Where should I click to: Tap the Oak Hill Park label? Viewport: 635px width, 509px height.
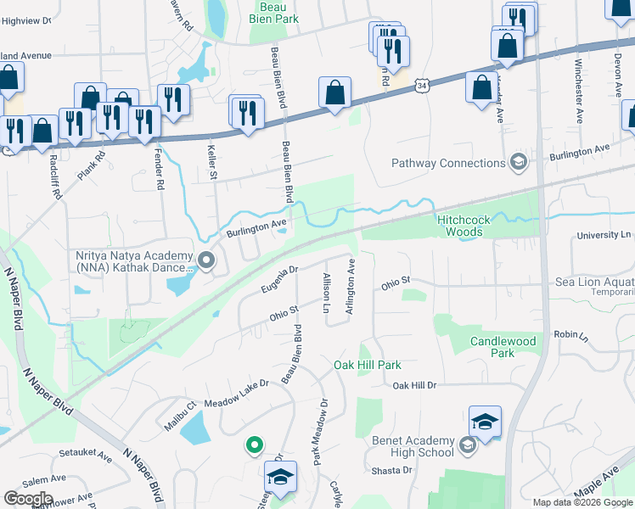(367, 365)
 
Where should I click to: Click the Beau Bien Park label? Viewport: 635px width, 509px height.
(273, 12)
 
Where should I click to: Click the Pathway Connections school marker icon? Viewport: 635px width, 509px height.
(519, 163)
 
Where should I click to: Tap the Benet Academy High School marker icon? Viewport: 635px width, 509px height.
(467, 445)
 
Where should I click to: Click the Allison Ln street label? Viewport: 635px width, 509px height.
(326, 293)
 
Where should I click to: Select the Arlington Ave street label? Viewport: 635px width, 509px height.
(349, 288)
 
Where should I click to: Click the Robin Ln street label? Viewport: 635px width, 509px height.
(570, 335)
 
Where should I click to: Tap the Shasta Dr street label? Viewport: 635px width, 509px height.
(396, 471)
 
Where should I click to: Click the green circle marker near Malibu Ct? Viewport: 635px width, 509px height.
(253, 444)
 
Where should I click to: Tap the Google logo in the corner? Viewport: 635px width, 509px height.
(28, 499)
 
